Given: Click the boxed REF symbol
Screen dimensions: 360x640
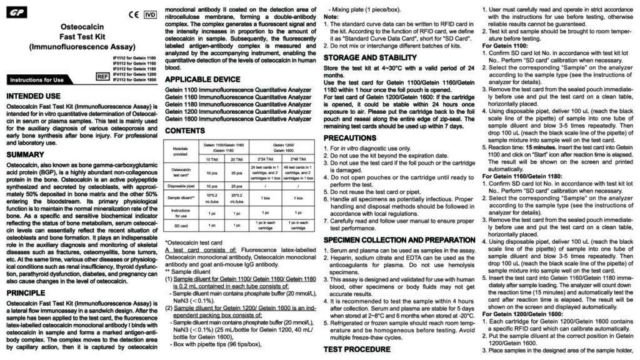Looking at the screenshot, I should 103,76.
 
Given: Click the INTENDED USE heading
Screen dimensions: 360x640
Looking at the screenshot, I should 33,96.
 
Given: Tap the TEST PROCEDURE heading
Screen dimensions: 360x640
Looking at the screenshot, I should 356,349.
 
